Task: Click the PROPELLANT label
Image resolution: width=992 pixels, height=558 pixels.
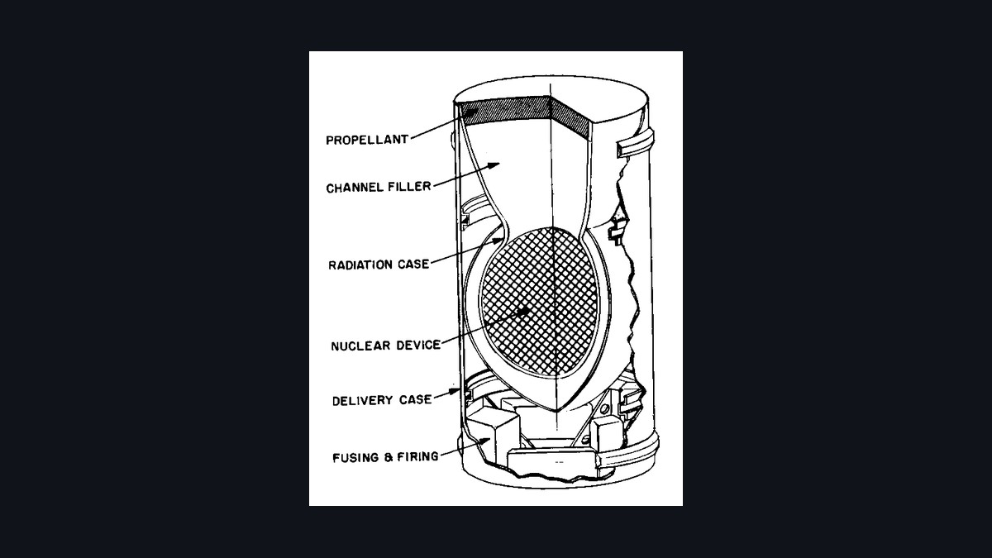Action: click(x=367, y=140)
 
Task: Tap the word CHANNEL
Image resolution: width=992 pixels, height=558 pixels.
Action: click(x=355, y=188)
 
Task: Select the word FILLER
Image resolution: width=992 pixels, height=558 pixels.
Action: click(x=410, y=187)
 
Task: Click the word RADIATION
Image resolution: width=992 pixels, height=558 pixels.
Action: click(x=360, y=265)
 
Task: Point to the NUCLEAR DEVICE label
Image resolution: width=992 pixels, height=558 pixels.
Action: click(x=386, y=345)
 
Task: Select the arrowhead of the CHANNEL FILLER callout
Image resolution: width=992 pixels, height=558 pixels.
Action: click(x=494, y=166)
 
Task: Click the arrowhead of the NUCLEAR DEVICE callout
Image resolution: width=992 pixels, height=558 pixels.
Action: click(x=523, y=311)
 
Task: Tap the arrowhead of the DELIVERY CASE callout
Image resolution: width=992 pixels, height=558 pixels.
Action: click(x=455, y=391)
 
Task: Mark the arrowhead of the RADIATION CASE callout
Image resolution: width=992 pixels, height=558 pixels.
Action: click(x=498, y=241)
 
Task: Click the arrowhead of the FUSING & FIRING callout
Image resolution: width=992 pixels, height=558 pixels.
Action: click(x=485, y=441)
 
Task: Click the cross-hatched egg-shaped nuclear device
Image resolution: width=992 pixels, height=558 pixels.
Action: click(x=538, y=301)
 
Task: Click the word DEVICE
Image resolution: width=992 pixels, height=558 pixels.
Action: click(x=418, y=345)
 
